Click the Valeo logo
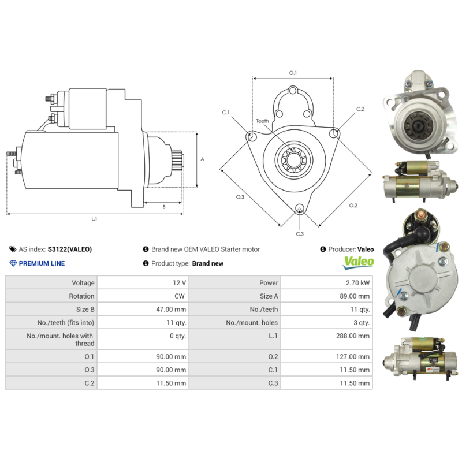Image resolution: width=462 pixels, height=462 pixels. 359,263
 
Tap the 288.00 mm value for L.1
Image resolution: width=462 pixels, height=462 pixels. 355,336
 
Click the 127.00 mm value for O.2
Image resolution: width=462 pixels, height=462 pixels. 355,357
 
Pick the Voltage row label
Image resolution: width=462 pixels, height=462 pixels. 83,283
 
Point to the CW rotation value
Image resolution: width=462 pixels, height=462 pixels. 180,296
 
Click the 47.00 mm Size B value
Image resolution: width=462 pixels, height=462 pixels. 173,310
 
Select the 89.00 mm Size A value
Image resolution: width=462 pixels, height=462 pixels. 356,296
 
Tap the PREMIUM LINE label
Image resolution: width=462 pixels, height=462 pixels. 42,263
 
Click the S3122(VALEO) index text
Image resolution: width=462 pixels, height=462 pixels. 69,249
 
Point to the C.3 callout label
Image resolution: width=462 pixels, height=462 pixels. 300,233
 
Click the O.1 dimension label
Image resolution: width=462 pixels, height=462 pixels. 293,73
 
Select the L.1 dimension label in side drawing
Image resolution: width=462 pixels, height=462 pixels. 94,219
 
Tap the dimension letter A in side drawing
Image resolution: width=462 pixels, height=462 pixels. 202,159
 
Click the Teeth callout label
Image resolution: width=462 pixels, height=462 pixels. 262,121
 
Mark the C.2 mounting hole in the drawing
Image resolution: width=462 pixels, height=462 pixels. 333,134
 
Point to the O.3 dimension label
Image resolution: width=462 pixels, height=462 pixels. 240,197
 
